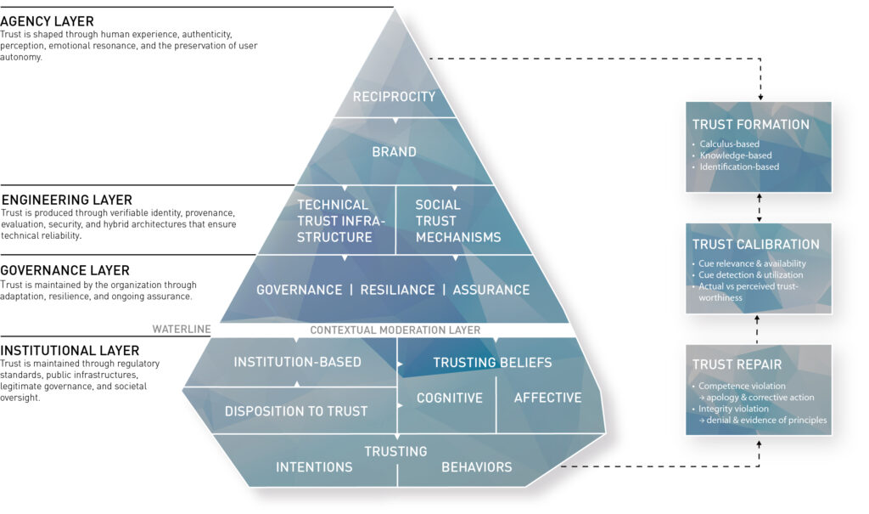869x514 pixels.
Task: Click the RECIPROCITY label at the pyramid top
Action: (x=394, y=96)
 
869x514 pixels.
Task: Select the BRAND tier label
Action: (x=394, y=152)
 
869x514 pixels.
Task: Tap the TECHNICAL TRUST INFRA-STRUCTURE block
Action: (x=333, y=221)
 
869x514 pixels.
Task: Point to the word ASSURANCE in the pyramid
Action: (x=491, y=290)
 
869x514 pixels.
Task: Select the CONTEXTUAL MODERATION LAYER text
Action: (x=395, y=330)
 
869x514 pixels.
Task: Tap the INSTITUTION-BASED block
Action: (x=297, y=362)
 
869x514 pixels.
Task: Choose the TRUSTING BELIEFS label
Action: (x=492, y=363)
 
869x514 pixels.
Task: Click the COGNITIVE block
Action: (x=449, y=398)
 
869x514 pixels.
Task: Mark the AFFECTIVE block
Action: (x=547, y=398)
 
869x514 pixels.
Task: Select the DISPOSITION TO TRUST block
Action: (x=296, y=411)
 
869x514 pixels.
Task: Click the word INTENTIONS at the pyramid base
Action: (x=314, y=466)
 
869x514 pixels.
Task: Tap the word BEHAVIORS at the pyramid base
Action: (x=476, y=466)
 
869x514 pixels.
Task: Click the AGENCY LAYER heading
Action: (x=48, y=21)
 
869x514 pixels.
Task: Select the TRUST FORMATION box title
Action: (x=750, y=125)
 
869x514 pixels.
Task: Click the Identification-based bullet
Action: (x=739, y=167)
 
